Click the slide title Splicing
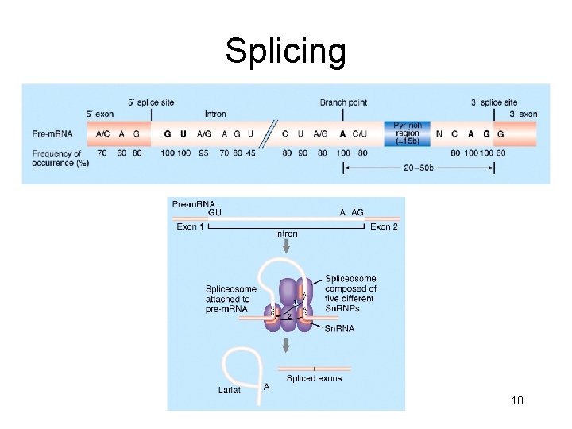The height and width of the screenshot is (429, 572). [x=285, y=52]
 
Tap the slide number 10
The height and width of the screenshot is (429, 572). [x=517, y=400]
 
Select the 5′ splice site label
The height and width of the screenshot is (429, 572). [x=151, y=102]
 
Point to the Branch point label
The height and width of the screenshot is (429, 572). [x=343, y=102]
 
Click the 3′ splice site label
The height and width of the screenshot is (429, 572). [x=494, y=102]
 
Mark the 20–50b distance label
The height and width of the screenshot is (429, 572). [x=419, y=168]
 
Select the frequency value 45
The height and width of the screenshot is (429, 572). [x=251, y=153]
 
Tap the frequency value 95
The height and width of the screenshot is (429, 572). [x=204, y=153]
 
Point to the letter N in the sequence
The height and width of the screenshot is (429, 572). [x=439, y=134]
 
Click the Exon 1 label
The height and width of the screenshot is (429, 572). [x=191, y=227]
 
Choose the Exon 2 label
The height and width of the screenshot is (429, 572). [x=384, y=227]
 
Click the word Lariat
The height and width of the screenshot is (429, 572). [x=230, y=390]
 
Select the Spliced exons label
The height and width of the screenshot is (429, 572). [x=314, y=378]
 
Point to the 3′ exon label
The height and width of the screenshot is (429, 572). [x=523, y=114]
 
